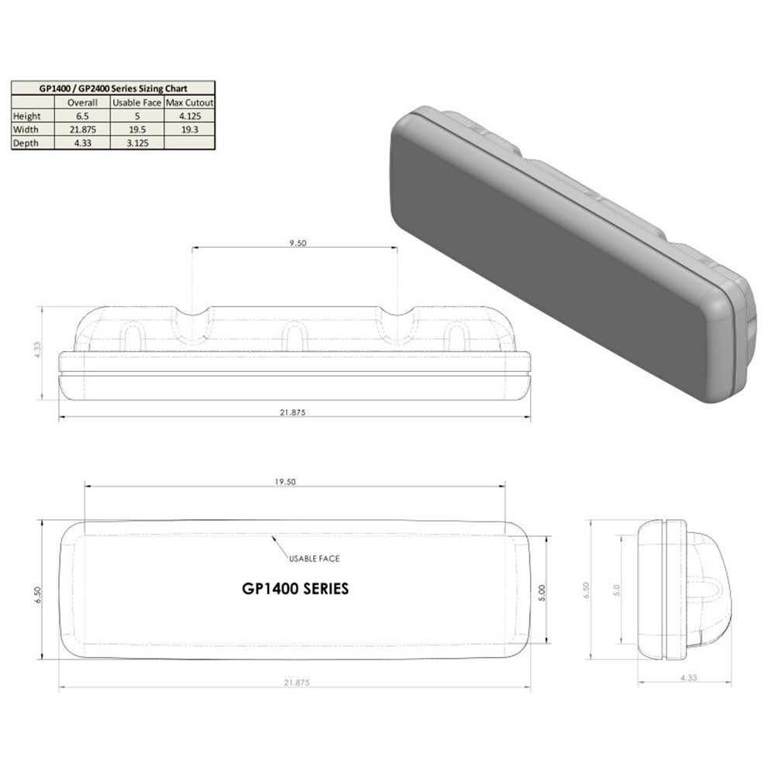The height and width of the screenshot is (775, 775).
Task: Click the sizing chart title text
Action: [113, 88]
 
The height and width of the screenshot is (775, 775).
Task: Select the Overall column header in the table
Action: [82, 102]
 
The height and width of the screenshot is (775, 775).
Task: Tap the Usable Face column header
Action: [136, 102]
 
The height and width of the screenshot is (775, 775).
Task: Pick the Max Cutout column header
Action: [189, 102]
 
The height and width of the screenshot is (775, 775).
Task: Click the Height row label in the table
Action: [27, 116]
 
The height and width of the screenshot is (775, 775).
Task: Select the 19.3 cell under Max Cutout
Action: [189, 129]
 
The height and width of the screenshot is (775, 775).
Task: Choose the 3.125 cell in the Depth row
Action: [136, 143]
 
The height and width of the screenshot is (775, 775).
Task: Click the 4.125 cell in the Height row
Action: [189, 116]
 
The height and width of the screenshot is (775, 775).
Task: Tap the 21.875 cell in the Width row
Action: [82, 129]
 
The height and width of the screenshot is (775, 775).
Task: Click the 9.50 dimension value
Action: [297, 243]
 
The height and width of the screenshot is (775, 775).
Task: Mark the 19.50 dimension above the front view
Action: [286, 482]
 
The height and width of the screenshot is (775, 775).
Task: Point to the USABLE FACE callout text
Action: [314, 558]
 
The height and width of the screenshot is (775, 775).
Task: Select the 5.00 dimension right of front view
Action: [542, 592]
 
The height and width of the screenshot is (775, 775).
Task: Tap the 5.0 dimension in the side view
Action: [617, 590]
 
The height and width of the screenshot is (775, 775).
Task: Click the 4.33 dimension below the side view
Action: [688, 677]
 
